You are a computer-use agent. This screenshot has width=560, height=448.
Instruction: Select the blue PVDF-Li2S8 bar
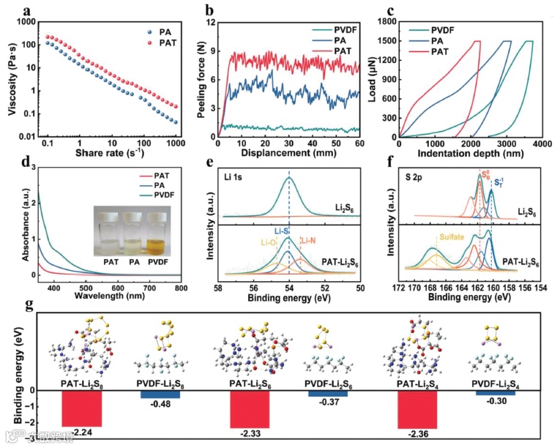[x=160, y=394]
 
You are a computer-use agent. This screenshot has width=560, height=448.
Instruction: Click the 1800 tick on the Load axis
[x=386, y=23]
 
